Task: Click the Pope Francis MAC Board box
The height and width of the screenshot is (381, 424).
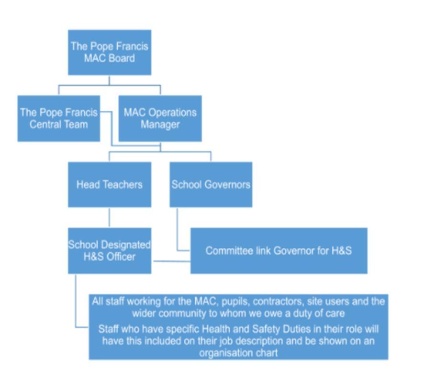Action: pos(110,53)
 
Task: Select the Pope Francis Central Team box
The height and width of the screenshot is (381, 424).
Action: pos(59,119)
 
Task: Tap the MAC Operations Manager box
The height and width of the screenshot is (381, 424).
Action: pos(160,119)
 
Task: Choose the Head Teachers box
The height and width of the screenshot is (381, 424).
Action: pos(110,185)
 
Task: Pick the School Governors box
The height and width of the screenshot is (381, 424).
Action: pos(211,185)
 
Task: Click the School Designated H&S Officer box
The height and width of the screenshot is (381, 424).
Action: pos(110,251)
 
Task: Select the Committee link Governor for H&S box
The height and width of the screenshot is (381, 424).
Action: pos(279,251)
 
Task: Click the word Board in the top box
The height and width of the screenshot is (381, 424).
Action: pos(122,58)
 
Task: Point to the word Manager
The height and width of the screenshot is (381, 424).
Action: pos(160,125)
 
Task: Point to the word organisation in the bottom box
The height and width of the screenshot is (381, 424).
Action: pos(223,353)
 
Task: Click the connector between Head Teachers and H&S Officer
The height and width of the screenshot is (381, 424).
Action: pos(110,218)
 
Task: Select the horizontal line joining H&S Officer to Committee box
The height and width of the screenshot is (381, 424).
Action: pos(172,261)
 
